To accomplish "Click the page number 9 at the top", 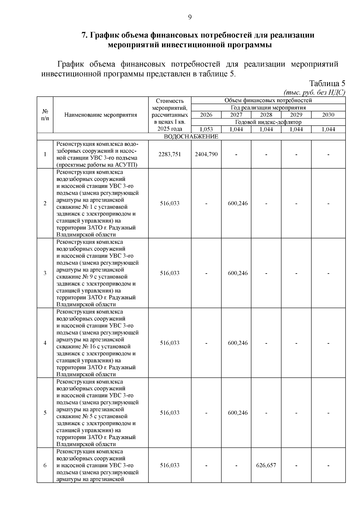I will click(190, 17).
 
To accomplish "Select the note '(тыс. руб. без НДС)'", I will click(314, 92).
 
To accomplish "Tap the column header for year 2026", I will click(206, 115).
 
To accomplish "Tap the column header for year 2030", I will click(328, 115).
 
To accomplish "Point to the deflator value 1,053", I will click(206, 129).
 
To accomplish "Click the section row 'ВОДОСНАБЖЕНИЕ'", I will click(191, 136).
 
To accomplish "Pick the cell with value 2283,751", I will click(170, 154).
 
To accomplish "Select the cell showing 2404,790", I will click(206, 154).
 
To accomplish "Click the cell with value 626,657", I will click(266, 465).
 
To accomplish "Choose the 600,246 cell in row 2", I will click(238, 203).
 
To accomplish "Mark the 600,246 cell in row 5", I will click(238, 413).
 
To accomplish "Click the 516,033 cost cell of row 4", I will click(170, 343).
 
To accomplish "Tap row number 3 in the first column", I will click(45, 273).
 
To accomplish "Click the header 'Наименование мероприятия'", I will click(101, 115).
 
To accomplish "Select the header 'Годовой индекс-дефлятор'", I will click(268, 122).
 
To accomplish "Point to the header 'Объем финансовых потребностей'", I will click(268, 100).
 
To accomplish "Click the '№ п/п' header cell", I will click(45, 115).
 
